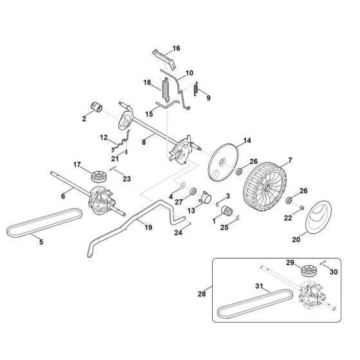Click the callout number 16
pos(177,48)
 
